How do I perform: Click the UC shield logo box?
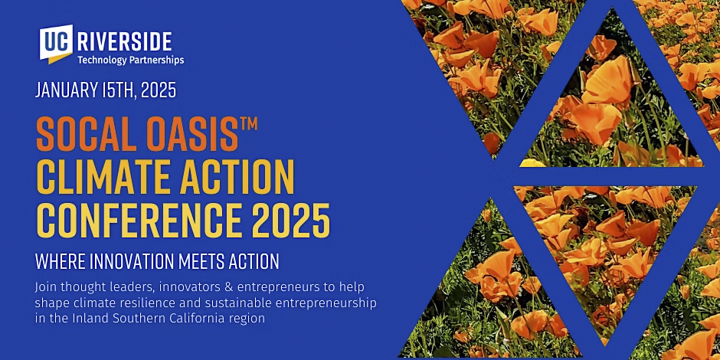(x=56, y=43)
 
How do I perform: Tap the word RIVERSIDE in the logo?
(x=125, y=42)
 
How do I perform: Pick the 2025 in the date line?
(x=159, y=90)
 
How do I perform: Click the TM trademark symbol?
(x=248, y=124)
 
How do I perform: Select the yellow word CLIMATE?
(x=103, y=178)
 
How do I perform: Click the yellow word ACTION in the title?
(x=237, y=178)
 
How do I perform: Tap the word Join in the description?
(x=44, y=288)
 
